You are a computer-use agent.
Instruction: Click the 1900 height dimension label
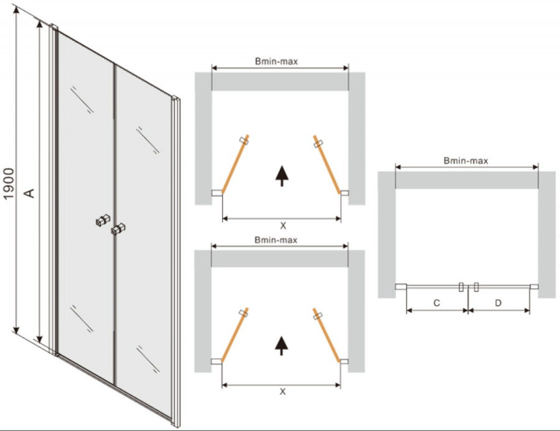[x=9, y=184]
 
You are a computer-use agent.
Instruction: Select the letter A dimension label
[x=30, y=193]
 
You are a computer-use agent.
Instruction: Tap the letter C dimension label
[x=436, y=303]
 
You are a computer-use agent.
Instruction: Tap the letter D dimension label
[x=498, y=303]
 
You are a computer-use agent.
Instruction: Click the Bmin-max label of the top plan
[x=276, y=61]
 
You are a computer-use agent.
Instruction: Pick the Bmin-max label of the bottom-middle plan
[x=276, y=240]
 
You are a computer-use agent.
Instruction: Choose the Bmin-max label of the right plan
[x=466, y=161]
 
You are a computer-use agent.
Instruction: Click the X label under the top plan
[x=283, y=226]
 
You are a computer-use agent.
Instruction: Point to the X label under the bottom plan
[x=282, y=392]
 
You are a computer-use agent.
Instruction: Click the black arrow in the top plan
[x=282, y=176]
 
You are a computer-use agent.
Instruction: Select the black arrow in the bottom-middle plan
[x=281, y=346]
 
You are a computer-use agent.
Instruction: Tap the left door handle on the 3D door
[x=103, y=220]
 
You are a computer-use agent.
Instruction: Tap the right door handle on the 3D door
[x=118, y=229]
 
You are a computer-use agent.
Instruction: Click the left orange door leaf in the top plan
[x=235, y=164]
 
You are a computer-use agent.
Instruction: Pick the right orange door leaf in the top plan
[x=327, y=164]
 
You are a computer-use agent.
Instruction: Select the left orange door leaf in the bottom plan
[x=235, y=335]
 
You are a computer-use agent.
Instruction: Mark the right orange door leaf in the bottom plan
[x=326, y=335]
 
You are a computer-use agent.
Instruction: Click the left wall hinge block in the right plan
[x=401, y=287]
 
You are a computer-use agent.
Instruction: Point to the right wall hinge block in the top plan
[x=344, y=193]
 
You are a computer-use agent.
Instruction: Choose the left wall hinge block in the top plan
[x=217, y=193]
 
